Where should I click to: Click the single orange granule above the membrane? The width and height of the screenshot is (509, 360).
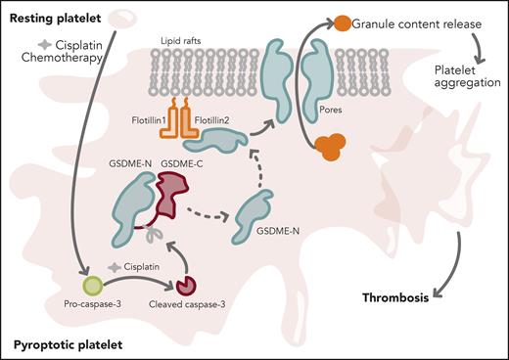pos(343,22)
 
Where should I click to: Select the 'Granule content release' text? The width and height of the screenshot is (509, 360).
pos(416,22)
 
